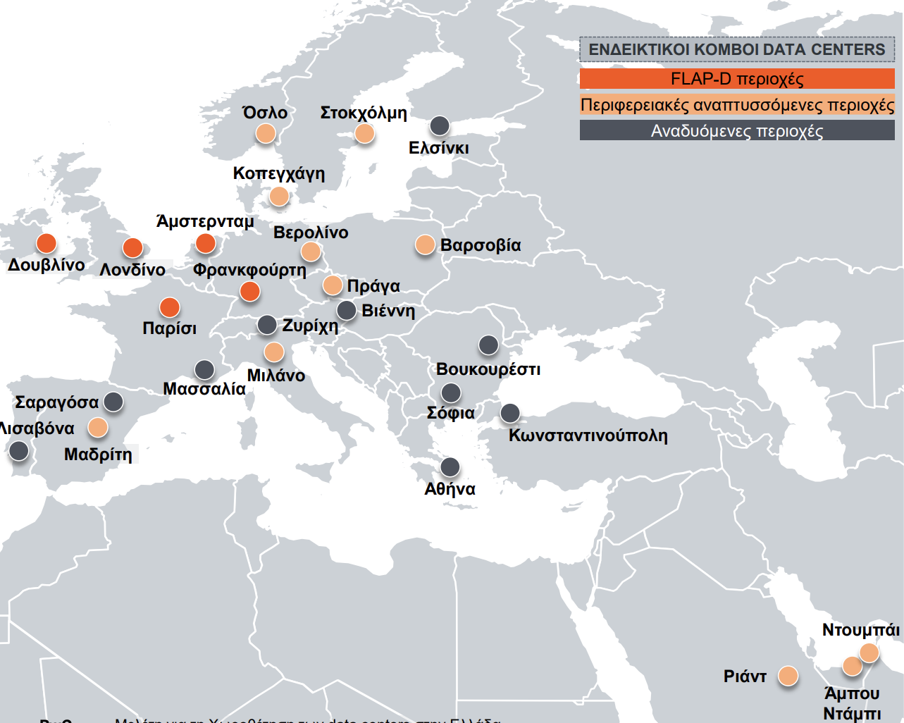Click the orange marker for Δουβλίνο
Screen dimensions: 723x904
[46, 243]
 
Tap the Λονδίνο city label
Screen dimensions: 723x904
[132, 270]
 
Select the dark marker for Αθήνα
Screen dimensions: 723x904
[450, 466]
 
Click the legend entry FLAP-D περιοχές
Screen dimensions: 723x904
[737, 79]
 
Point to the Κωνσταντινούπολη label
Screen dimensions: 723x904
[588, 435]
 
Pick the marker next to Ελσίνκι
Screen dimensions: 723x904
[440, 126]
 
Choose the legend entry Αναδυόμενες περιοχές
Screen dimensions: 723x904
[737, 131]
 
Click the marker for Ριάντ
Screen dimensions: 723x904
[788, 676]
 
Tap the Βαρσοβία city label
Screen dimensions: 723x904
[481, 245]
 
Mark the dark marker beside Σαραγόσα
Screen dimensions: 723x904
[113, 402]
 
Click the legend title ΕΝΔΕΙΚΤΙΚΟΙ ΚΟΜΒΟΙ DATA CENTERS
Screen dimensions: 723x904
[737, 50]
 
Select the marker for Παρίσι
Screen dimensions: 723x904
[169, 307]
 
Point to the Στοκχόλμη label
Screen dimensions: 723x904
[364, 113]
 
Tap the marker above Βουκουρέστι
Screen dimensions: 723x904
[488, 345]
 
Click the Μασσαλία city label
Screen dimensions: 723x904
[204, 389]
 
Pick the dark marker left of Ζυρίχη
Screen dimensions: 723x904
[267, 325]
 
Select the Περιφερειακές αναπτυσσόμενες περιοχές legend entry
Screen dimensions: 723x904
[737, 106]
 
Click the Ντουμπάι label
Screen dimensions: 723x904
[861, 630]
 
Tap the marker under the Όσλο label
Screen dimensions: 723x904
[266, 133]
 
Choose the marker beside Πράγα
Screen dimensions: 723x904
[333, 285]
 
